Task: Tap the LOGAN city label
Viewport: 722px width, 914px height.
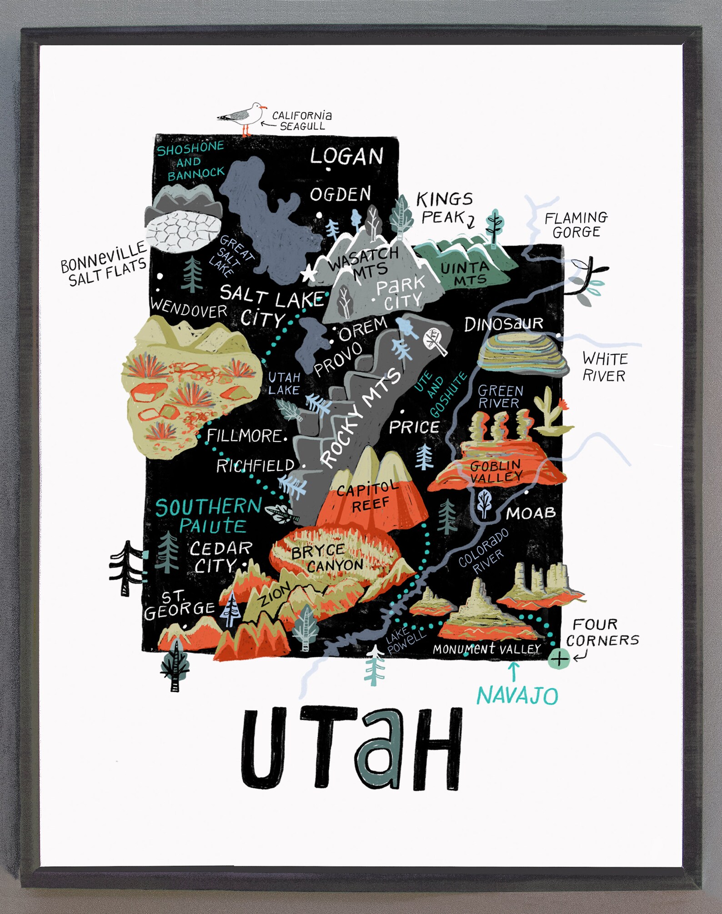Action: (x=346, y=157)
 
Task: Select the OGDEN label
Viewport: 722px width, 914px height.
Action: (x=341, y=195)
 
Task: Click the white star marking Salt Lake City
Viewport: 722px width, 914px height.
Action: (x=309, y=274)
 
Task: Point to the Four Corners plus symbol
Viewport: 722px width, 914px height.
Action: (x=559, y=658)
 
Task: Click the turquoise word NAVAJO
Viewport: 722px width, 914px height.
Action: (x=517, y=695)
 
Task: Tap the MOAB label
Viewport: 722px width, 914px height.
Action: (x=531, y=513)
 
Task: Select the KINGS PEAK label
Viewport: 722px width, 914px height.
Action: (x=444, y=208)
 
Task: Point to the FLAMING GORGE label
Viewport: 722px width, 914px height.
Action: (x=576, y=225)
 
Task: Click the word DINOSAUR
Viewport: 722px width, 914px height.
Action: (x=504, y=324)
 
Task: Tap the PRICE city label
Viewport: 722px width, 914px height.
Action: (x=414, y=427)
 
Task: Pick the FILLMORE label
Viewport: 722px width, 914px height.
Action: (x=245, y=436)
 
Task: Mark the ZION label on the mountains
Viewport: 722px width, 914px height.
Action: (x=274, y=596)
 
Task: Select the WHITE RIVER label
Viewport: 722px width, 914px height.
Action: (x=604, y=367)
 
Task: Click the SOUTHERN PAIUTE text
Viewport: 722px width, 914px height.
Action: (x=209, y=516)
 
